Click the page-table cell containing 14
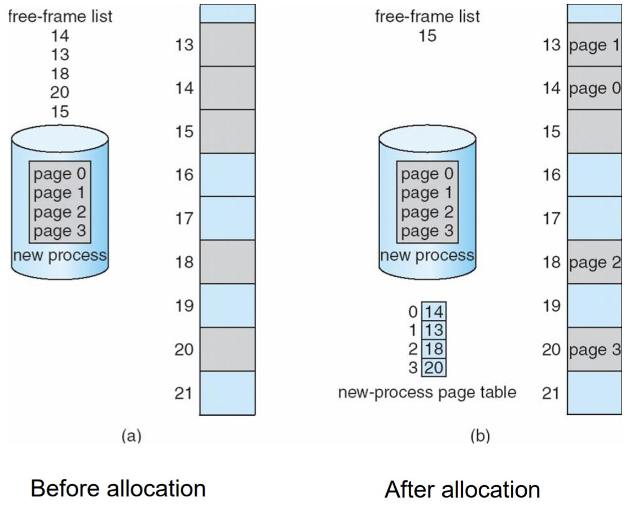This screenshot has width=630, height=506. [x=434, y=311]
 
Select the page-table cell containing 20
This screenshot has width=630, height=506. [x=434, y=368]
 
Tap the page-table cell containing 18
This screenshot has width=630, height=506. [x=434, y=349]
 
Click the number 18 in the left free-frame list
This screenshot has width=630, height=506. [x=60, y=74]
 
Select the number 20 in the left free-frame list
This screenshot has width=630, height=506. [x=60, y=93]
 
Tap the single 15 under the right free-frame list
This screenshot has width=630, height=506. [x=427, y=36]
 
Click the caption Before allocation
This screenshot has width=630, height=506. [x=118, y=488]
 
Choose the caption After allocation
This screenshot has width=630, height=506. [x=462, y=489]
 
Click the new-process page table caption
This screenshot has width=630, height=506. [x=427, y=392]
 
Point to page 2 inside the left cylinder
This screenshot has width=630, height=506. [x=60, y=213]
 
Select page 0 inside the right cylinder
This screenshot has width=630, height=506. [x=427, y=175]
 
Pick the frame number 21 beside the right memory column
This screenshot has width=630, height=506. [x=550, y=393]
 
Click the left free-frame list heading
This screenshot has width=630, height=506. [x=60, y=16]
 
